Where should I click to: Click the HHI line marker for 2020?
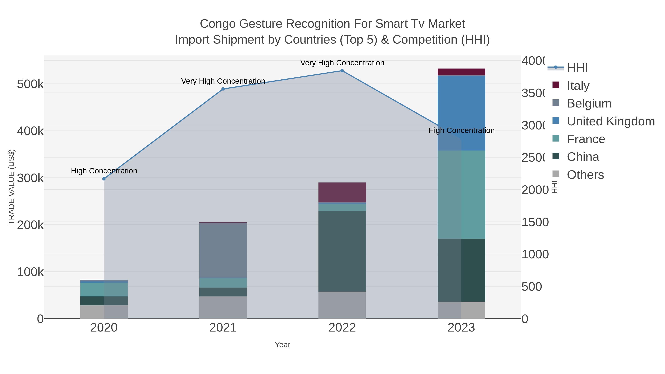pos(104,179)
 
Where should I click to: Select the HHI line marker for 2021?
pos(223,89)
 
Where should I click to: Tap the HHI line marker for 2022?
pos(342,71)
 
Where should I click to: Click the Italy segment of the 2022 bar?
pos(342,192)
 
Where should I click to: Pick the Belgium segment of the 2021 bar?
pos(223,250)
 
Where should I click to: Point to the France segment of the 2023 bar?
pos(461,195)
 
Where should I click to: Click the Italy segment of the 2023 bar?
pos(461,72)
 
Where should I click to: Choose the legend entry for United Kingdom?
pos(611,121)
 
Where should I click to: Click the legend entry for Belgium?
pos(589,103)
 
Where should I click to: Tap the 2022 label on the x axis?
pos(342,328)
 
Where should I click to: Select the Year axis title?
pos(282,345)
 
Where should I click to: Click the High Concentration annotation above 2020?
pos(104,171)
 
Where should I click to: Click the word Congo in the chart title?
pos(218,24)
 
